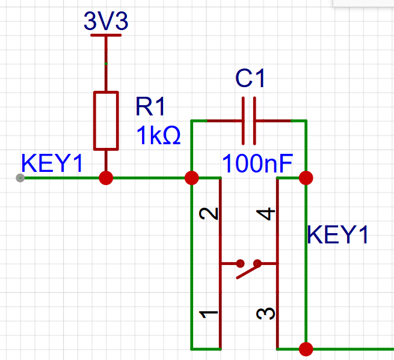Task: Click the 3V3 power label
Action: [x=106, y=21]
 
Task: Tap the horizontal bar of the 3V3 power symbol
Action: [x=106, y=35]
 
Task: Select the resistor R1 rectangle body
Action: [x=106, y=121]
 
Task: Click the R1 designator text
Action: [x=150, y=106]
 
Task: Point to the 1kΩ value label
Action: [x=158, y=135]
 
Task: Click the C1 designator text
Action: [x=250, y=78]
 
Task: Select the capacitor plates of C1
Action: [x=249, y=121]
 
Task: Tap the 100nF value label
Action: [x=257, y=163]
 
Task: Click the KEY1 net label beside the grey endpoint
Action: [x=52, y=163]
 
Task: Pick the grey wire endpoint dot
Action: [x=20, y=178]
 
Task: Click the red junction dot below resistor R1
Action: [x=106, y=178]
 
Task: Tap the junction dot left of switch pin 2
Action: [x=192, y=178]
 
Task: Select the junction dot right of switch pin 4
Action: [x=306, y=178]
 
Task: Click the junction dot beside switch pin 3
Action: [x=306, y=349]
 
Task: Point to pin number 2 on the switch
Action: [x=209, y=213]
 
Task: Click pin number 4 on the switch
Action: [x=266, y=213]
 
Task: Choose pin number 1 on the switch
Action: [x=209, y=314]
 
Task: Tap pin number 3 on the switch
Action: [x=266, y=314]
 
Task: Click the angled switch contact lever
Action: [x=249, y=270]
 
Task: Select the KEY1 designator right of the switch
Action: [x=337, y=235]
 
